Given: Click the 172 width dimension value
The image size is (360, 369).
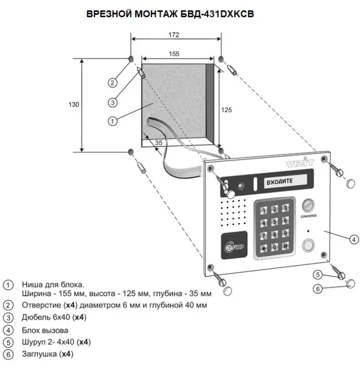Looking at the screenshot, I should coord(173,35).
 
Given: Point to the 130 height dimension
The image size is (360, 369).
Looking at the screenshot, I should coord(74,105).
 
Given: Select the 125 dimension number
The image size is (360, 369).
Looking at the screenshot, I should coord(227,109).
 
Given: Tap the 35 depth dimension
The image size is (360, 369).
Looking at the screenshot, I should coord(158,143).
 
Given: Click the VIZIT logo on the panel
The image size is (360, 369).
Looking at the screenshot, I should coord(300,163).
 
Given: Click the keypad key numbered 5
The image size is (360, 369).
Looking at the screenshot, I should coord(275,221).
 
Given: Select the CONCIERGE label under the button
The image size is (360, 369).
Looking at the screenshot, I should coord(308,216).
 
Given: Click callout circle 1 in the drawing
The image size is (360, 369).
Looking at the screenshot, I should coord(113,120).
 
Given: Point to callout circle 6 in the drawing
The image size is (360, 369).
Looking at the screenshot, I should coord(318,289).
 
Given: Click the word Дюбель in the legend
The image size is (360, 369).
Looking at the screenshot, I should coord(34,317).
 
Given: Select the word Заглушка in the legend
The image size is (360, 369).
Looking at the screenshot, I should coord(38,354).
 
